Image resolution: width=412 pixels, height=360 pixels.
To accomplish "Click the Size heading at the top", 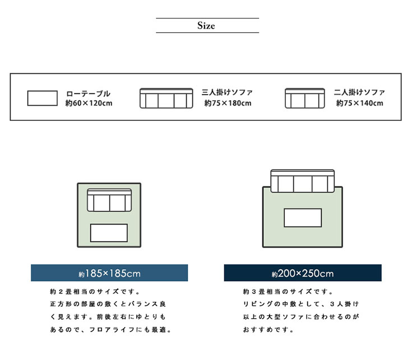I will [206, 26].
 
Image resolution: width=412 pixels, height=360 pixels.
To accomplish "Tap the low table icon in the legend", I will [43, 98].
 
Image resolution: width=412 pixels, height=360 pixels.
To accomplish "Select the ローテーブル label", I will [88, 93].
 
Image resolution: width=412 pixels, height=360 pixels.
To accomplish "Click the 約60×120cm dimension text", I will [89, 104].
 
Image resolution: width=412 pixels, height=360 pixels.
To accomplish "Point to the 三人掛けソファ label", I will [227, 92].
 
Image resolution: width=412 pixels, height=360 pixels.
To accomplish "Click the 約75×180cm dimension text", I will [228, 103].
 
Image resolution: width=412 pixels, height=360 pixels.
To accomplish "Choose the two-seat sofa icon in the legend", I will [304, 98].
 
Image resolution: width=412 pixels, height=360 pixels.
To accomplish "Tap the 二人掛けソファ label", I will [359, 92].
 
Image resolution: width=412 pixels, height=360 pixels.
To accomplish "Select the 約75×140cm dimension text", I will [360, 103].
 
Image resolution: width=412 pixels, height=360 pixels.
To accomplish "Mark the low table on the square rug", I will [109, 232].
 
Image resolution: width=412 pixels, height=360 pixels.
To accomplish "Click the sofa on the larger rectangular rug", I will [303, 181].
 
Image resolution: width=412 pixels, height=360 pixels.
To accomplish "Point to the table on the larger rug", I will [303, 218].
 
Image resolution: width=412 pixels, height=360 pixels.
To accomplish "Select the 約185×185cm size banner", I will [109, 273].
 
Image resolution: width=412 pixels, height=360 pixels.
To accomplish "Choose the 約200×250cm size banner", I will [303, 273].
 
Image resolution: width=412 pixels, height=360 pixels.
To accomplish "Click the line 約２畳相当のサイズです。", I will [95, 292].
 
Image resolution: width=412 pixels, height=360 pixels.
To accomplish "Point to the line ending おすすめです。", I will [269, 330].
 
